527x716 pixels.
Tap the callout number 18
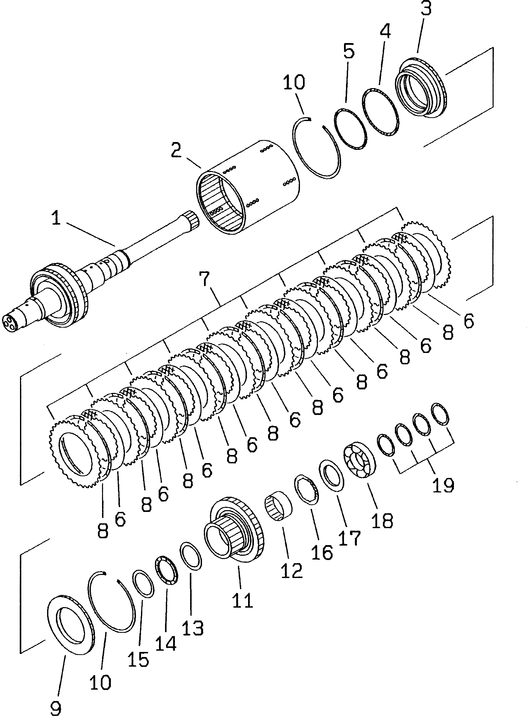[x=382, y=521]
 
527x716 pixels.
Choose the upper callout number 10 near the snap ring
[x=293, y=82]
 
